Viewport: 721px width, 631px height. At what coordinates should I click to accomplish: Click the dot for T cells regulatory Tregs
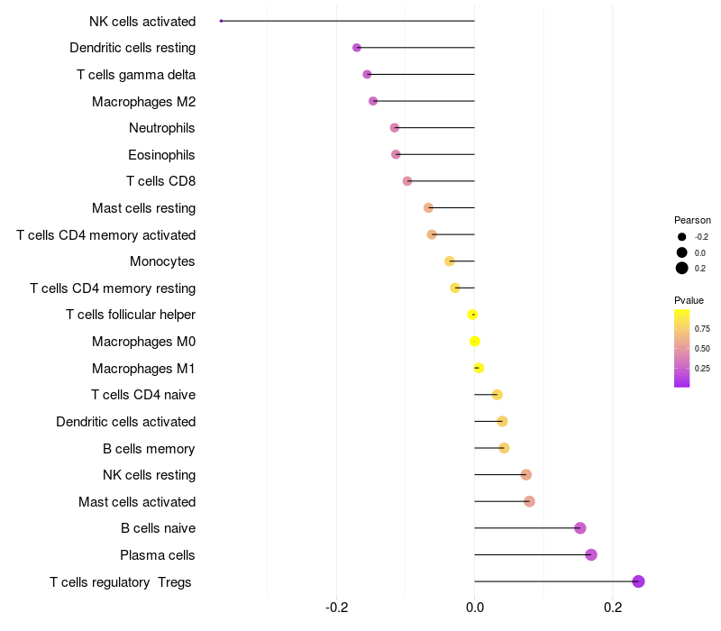(x=638, y=581)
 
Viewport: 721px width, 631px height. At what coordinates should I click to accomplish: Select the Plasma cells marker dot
(x=591, y=554)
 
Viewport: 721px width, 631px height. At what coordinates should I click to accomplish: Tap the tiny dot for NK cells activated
(x=221, y=21)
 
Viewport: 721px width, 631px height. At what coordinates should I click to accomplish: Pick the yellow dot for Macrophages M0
(x=475, y=342)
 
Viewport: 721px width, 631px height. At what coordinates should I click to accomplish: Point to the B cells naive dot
(x=580, y=528)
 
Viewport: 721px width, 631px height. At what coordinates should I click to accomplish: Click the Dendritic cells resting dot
(x=357, y=48)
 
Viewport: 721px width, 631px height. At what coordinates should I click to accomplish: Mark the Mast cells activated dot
(x=529, y=501)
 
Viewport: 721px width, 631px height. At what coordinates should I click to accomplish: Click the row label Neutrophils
(x=162, y=128)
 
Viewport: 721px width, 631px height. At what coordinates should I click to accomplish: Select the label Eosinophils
(x=161, y=155)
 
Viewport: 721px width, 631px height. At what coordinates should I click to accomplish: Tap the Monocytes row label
(x=162, y=261)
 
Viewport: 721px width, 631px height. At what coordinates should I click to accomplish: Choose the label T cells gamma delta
(x=136, y=75)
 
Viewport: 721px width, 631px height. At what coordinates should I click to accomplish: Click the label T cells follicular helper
(x=131, y=315)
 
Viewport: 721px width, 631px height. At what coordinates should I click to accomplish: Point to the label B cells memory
(x=150, y=448)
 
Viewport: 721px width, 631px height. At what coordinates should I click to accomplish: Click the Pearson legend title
(x=692, y=220)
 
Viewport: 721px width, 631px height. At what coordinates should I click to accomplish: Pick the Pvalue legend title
(x=689, y=300)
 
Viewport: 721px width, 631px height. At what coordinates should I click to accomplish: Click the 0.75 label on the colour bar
(x=702, y=328)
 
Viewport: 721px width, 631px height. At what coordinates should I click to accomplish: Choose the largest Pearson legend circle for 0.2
(x=682, y=268)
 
